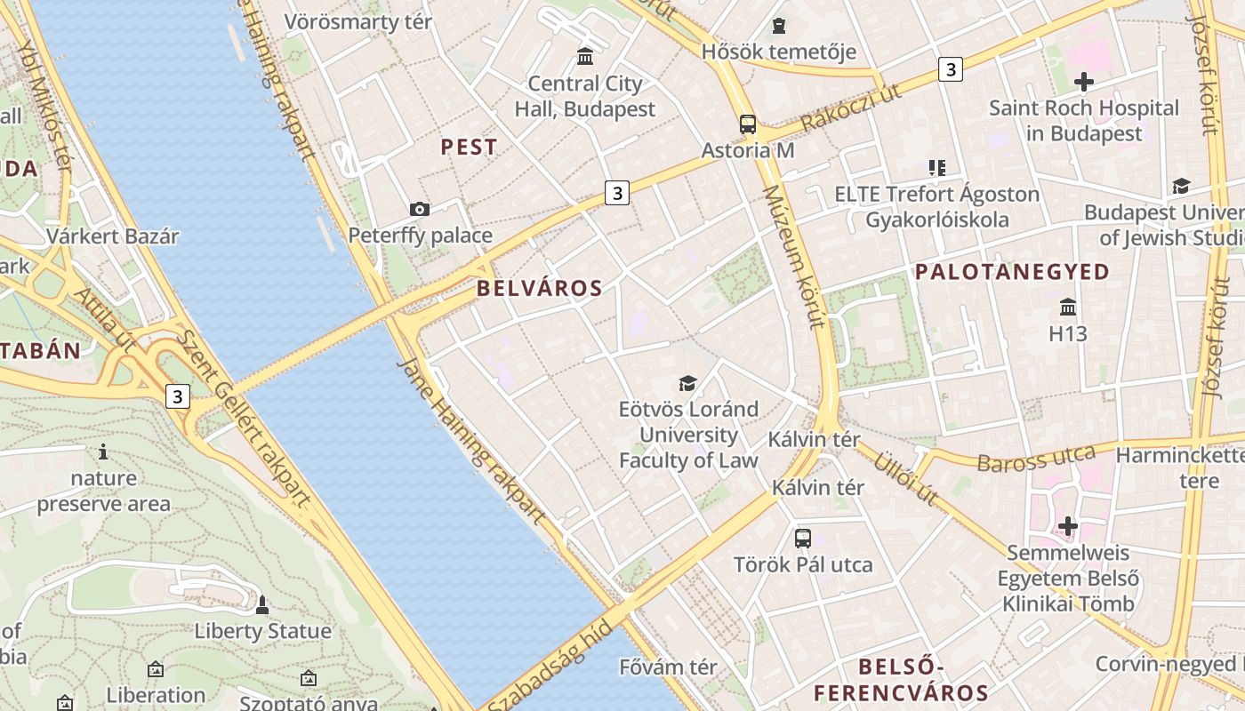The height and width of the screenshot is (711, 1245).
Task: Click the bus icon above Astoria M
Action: [748, 124]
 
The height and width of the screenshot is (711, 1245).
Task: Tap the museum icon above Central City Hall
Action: [585, 57]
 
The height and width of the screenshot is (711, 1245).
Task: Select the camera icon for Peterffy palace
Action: [420, 209]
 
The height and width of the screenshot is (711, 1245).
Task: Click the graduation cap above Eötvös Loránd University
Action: [688, 383]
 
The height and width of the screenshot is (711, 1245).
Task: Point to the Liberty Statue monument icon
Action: [262, 605]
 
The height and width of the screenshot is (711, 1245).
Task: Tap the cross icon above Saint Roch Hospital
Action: [1084, 83]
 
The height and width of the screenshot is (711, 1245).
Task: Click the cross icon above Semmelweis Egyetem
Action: [1068, 527]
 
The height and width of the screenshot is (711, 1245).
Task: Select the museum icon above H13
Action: [1068, 308]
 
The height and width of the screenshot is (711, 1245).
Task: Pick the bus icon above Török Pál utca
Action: [803, 538]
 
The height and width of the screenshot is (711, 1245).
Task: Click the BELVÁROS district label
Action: [540, 288]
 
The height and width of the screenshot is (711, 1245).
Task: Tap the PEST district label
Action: [470, 148]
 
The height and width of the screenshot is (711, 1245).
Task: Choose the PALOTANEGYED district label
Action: [1013, 272]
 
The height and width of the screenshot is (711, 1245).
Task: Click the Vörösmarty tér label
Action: [358, 22]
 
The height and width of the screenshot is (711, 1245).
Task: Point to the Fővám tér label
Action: [668, 667]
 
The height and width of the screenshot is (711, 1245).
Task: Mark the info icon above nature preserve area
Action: [103, 451]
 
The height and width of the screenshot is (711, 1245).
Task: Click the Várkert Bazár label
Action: [113, 236]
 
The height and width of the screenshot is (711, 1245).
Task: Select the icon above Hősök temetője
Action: [779, 26]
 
